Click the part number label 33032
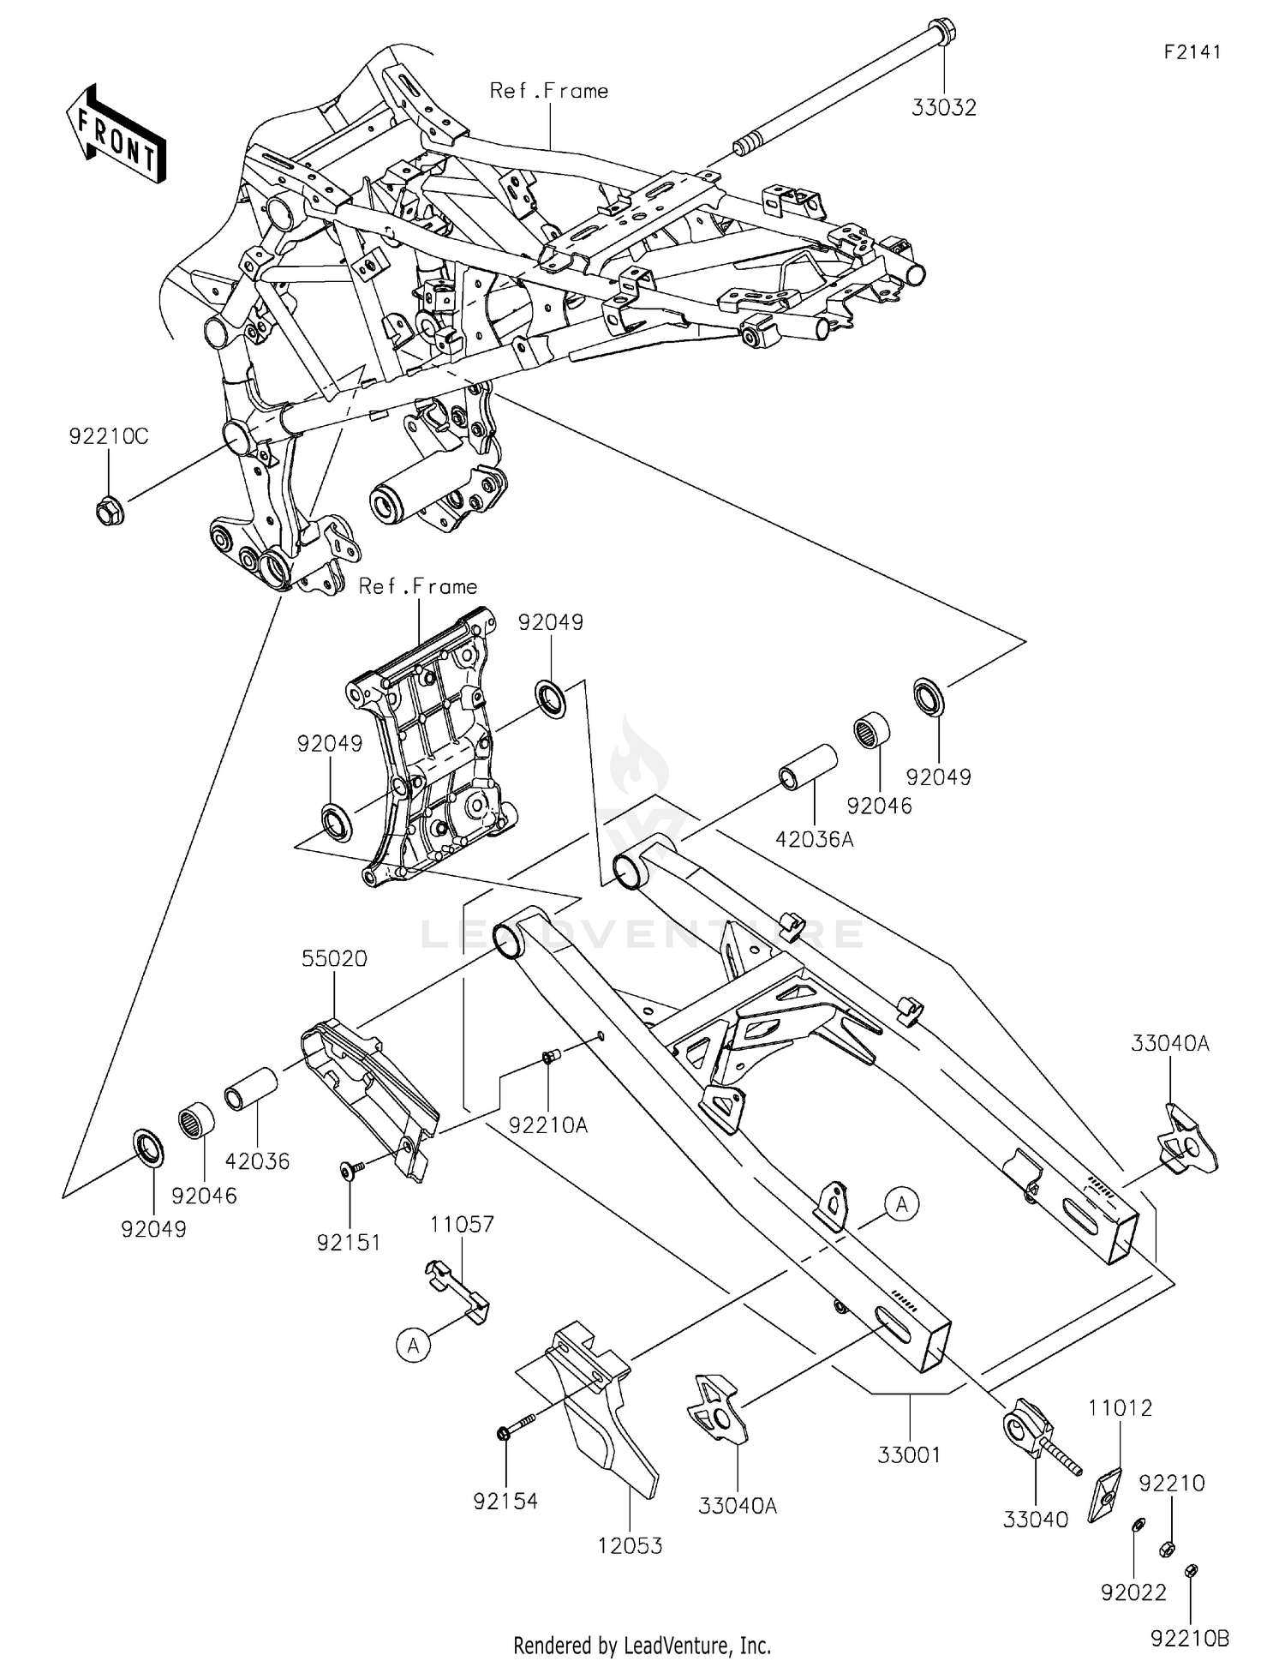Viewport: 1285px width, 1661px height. coord(943,108)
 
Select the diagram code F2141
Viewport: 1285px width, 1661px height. coord(1192,52)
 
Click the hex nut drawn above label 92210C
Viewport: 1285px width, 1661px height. coord(108,511)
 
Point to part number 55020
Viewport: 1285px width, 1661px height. coord(333,959)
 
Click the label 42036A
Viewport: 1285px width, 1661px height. coord(814,839)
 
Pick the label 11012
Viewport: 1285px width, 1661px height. coord(1120,1408)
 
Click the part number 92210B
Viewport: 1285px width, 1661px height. coord(1190,1638)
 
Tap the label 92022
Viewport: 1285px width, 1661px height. coord(1133,1592)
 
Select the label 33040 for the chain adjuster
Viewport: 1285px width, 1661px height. coord(1036,1519)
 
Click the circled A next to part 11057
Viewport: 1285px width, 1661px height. coord(414,1346)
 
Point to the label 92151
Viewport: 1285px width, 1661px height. coord(349,1243)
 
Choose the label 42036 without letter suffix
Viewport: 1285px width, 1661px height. coord(257,1161)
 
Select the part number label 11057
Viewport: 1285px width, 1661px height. coord(462,1224)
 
